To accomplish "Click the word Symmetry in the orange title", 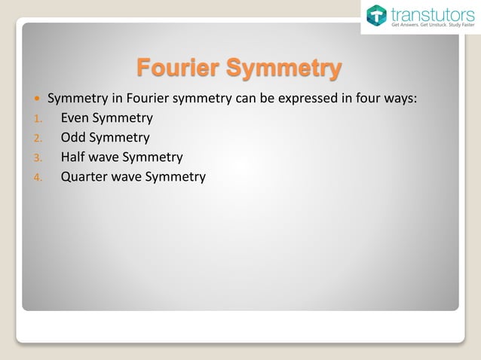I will [283, 68].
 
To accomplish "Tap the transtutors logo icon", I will [376, 16].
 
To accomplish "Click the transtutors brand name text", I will [431, 13].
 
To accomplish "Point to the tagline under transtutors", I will [432, 25].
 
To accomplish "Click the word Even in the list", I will [75, 118].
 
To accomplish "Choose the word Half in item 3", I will [74, 157].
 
